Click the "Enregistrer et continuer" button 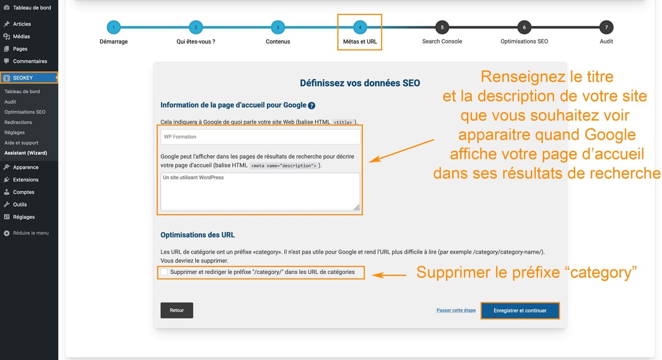click(520, 311)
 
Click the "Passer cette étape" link click(456, 310)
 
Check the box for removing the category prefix click(164, 272)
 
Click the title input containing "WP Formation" click(260, 137)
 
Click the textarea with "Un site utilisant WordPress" click(260, 192)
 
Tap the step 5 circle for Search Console click(442, 27)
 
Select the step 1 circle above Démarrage click(113, 27)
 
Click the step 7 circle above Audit click(606, 27)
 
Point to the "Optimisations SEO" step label click(524, 42)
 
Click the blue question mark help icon click(312, 105)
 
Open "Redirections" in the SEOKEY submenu click(18, 122)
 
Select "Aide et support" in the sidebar click(21, 143)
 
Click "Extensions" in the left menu click(26, 180)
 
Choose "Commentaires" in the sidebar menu click(30, 61)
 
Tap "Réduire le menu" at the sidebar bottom click(30, 233)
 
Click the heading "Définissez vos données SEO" click(360, 83)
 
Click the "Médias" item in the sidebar click(21, 36)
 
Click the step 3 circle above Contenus click(278, 27)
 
